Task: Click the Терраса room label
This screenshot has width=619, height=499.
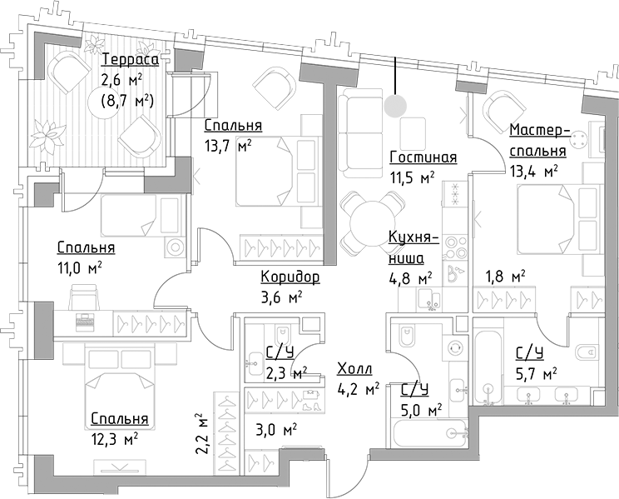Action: tap(130, 60)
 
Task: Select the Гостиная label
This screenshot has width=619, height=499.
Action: tap(423, 158)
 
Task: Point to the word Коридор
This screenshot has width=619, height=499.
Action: tap(290, 277)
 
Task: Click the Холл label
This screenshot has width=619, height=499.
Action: tap(354, 368)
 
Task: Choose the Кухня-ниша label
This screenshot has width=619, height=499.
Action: tap(409, 247)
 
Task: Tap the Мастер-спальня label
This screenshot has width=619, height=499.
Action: tap(538, 141)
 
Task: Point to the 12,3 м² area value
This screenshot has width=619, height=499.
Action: tap(115, 437)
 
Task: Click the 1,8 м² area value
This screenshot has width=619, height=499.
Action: tap(506, 276)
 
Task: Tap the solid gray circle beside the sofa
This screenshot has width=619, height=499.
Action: tap(396, 106)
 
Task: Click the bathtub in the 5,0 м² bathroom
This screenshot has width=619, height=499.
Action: tap(431, 432)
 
